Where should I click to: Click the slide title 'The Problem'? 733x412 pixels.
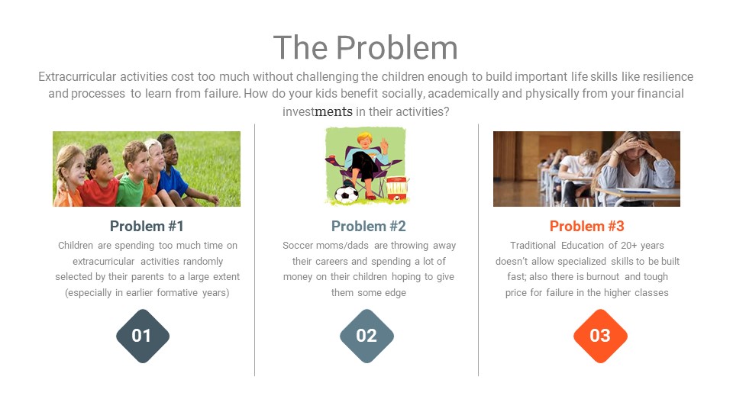click(366, 47)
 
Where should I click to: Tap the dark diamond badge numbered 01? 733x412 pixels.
click(143, 336)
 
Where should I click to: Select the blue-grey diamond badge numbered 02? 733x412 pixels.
click(366, 336)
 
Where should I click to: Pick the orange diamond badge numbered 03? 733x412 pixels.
click(600, 336)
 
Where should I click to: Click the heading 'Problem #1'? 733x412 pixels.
click(147, 226)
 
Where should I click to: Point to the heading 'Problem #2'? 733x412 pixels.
click(368, 226)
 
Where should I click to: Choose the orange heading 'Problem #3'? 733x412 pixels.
click(586, 226)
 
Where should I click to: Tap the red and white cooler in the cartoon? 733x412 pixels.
click(396, 188)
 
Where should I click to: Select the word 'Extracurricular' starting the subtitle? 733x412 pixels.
click(77, 76)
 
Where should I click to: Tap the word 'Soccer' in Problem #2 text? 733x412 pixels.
click(297, 245)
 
